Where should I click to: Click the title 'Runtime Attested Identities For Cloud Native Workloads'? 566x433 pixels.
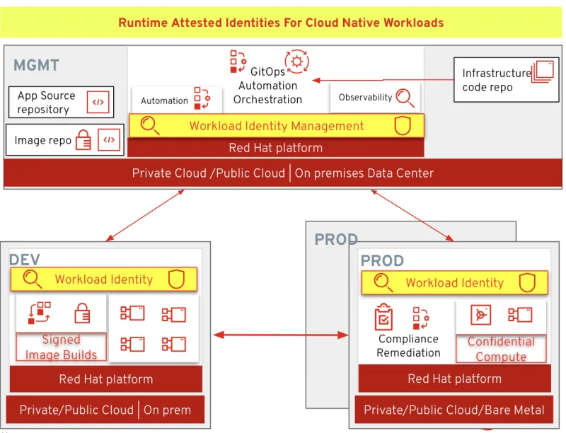click(281, 23)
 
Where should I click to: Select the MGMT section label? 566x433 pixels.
click(36, 66)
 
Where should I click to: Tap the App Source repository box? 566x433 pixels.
click(63, 103)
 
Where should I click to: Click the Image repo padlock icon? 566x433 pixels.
click(83, 140)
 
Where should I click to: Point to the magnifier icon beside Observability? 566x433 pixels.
click(405, 98)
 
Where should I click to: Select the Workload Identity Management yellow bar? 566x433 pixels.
click(276, 126)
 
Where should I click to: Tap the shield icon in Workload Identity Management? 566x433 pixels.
click(402, 126)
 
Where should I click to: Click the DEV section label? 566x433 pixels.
click(24, 260)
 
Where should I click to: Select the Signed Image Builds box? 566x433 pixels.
click(61, 347)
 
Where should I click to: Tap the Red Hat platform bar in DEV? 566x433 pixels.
click(105, 379)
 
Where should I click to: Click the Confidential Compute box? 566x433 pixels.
click(501, 349)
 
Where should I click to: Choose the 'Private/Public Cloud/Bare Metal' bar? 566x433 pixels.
click(454, 410)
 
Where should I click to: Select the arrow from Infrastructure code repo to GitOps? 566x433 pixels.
click(382, 80)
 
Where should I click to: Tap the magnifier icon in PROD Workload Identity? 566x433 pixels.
click(383, 283)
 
